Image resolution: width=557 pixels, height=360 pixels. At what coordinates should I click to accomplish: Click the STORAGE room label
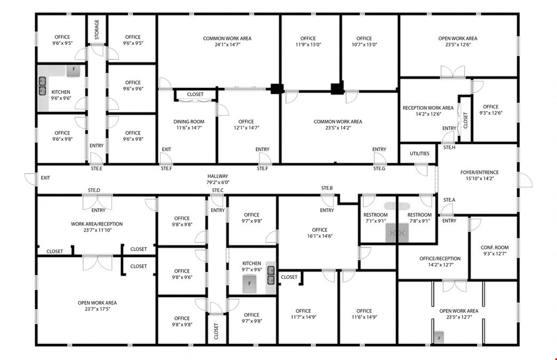point(97,29)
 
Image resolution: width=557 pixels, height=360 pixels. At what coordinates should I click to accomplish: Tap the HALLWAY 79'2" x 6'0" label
point(218,179)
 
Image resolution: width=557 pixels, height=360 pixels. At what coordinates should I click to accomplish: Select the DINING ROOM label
point(189,122)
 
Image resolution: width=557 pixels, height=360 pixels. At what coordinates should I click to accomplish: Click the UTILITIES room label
point(419,154)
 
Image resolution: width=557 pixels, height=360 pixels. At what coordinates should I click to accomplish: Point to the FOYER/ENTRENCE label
point(480,173)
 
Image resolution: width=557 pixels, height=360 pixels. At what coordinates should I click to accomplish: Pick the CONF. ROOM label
point(495,247)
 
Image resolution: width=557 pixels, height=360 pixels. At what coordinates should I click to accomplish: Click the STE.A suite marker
point(449,200)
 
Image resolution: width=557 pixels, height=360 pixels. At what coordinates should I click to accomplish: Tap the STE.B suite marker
point(327,188)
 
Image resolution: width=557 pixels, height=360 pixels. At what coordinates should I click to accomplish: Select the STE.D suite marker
point(94,190)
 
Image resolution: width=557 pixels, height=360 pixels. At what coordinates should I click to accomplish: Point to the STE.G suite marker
point(379,169)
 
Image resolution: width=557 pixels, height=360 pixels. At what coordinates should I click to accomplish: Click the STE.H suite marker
point(449,147)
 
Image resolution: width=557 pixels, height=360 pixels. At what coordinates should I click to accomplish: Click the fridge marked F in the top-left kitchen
point(74,70)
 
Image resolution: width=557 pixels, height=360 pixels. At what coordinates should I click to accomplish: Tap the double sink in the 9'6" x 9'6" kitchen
point(42,86)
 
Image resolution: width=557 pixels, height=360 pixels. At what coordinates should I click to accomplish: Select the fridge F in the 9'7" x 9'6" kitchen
point(249,284)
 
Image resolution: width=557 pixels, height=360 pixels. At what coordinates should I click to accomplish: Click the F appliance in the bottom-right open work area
point(439,338)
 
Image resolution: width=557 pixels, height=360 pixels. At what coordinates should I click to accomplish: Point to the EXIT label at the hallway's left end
point(45,178)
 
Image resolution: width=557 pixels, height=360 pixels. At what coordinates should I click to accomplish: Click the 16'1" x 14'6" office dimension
point(320,236)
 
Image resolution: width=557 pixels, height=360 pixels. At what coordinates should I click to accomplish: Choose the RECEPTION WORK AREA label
point(428,108)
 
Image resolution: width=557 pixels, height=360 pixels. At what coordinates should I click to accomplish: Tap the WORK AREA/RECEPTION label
point(97,224)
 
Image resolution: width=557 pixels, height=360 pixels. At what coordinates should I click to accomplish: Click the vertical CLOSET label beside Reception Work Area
point(465,121)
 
